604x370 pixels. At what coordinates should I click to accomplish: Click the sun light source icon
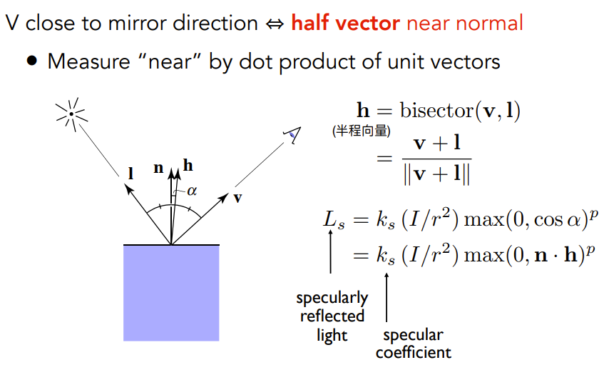(71, 114)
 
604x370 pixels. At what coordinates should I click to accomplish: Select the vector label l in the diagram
(130, 173)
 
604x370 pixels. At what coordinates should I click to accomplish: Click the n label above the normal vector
(158, 169)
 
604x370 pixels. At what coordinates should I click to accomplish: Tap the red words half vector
(345, 23)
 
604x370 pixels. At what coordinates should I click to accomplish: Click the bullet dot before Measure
(32, 61)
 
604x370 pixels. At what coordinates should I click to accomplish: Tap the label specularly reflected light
(332, 316)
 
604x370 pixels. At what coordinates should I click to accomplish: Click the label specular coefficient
(413, 343)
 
